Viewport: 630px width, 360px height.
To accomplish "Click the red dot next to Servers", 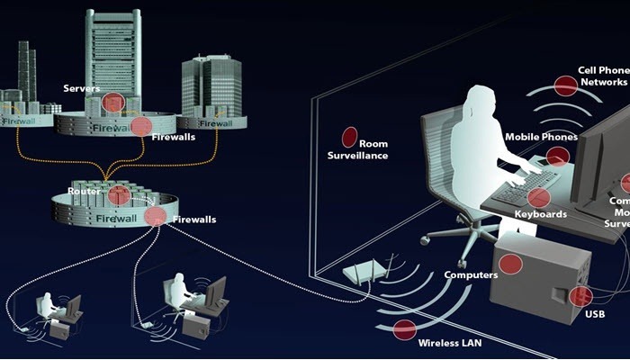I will coord(112,103).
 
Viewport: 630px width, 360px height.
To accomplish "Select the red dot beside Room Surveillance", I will coord(348,137).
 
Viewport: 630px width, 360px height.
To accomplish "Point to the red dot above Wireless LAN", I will coord(405,329).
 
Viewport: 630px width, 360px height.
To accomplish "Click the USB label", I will coord(595,314).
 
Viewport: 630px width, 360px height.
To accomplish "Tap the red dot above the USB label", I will coord(581,296).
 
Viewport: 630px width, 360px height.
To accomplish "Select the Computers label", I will coord(472,274).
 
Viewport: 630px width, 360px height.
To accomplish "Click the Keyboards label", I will coord(540,214).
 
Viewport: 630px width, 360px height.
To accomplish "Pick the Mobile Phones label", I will coord(541,137).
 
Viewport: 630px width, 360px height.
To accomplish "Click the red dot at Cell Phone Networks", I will coord(565,85).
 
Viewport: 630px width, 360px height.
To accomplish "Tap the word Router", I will coord(84,192).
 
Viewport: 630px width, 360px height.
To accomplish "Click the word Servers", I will coord(81,88).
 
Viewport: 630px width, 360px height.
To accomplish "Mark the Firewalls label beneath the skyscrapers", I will coord(174,138).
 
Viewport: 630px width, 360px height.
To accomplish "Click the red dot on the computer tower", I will coord(510,264).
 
